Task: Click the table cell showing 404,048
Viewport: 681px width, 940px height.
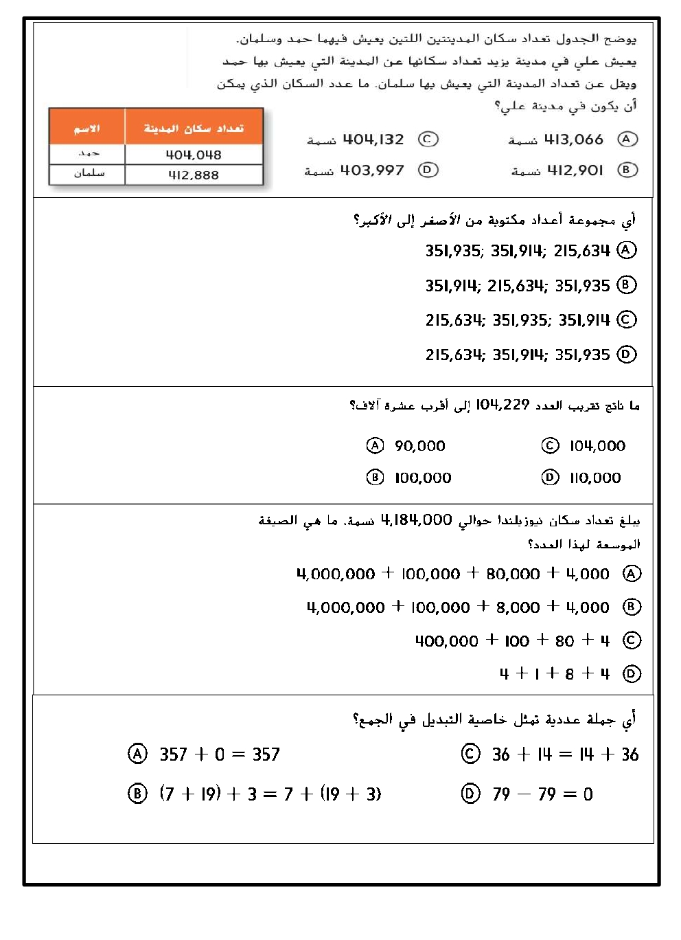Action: pyautogui.click(x=194, y=155)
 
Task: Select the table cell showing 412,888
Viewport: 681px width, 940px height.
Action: pyautogui.click(x=194, y=175)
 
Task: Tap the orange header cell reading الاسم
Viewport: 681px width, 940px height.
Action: pyautogui.click(x=86, y=128)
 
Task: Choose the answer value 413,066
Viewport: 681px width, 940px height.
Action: pyautogui.click(x=573, y=139)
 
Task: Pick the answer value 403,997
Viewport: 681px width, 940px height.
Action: pyautogui.click(x=372, y=170)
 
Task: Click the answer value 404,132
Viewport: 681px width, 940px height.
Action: pyautogui.click(x=373, y=139)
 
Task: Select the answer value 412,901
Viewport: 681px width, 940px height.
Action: pyautogui.click(x=575, y=170)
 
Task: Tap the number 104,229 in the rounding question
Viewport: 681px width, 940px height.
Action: pyautogui.click(x=503, y=405)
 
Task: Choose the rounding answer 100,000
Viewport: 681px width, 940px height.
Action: pyautogui.click(x=423, y=478)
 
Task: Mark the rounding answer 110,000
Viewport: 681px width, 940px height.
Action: pyautogui.click(x=595, y=478)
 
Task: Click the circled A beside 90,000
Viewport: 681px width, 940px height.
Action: pyautogui.click(x=375, y=446)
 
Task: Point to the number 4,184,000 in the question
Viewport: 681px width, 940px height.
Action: pyautogui.click(x=416, y=520)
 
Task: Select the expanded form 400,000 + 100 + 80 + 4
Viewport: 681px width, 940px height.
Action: pyautogui.click(x=512, y=640)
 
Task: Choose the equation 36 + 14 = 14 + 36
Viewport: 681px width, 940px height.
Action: pyautogui.click(x=565, y=754)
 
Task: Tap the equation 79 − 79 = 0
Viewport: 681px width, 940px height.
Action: pyautogui.click(x=542, y=794)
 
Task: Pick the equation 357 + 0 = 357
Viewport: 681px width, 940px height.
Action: pyautogui.click(x=220, y=754)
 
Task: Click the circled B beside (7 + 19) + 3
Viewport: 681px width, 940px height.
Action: pyautogui.click(x=137, y=794)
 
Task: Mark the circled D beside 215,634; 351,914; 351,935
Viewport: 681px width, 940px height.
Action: pyautogui.click(x=627, y=355)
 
